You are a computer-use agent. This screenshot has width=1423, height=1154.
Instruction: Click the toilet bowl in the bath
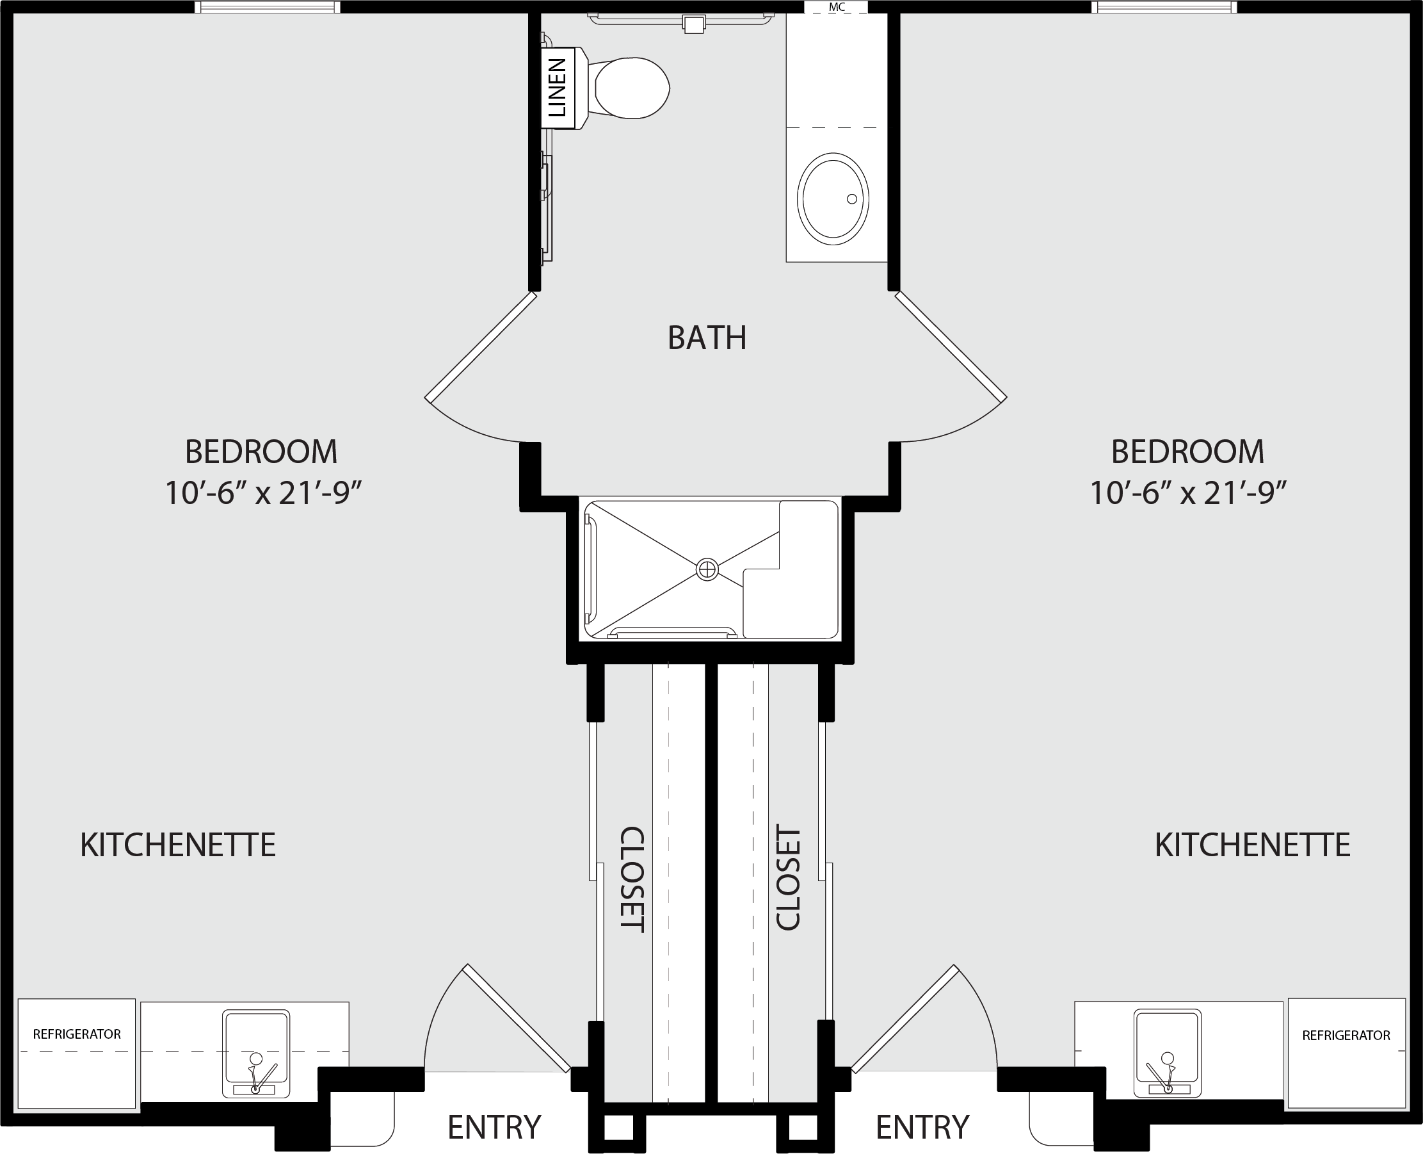coord(632,88)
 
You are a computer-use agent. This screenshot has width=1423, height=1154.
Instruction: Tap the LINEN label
coord(557,88)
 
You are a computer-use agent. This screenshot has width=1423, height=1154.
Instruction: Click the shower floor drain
coord(707,570)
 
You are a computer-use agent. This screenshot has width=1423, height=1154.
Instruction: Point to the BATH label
coord(707,337)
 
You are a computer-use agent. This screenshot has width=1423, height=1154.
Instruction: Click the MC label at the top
coord(837,7)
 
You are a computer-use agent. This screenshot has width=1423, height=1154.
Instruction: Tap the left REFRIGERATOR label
coord(77,1034)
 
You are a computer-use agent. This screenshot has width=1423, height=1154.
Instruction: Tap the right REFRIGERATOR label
coord(1346,1036)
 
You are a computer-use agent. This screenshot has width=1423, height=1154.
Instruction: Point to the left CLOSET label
coord(632,879)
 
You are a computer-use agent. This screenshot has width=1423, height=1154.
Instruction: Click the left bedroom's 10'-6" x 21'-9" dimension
coord(263,493)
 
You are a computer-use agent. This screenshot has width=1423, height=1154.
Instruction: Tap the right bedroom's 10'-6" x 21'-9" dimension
coord(1189,493)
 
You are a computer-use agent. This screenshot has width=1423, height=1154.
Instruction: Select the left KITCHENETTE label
coord(178,845)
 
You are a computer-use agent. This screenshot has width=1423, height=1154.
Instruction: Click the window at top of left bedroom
coord(268,6)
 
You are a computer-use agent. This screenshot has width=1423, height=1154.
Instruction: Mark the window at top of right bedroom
coord(1164,6)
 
